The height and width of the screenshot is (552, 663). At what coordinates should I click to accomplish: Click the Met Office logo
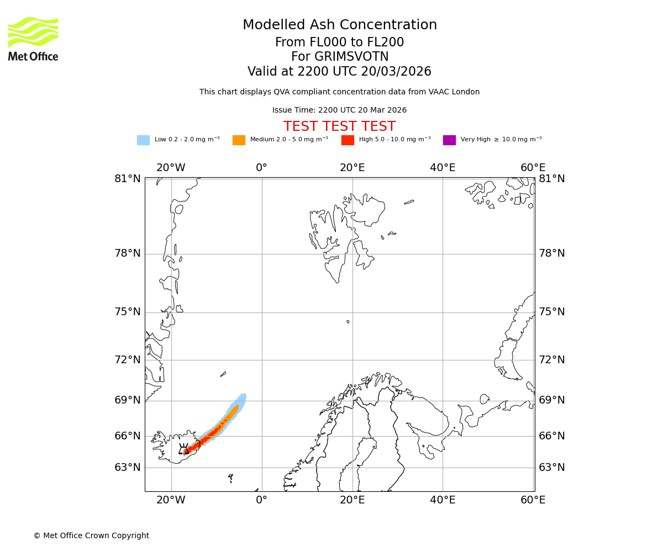coord(33,39)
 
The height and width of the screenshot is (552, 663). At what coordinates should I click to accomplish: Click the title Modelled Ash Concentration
coord(339,25)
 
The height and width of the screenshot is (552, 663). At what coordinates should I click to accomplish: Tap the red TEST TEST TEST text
coord(339,126)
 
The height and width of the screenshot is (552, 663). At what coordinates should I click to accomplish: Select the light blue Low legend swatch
coord(143,140)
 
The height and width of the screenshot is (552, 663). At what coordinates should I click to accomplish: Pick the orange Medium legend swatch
coord(239,140)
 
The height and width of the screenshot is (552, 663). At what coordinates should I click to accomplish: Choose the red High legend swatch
coord(348,140)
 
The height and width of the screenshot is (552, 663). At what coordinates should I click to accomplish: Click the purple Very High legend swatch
coord(449,140)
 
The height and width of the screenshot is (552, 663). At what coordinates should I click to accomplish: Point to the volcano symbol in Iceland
coord(184,449)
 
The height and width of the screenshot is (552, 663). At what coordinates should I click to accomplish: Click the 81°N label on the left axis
coord(128,179)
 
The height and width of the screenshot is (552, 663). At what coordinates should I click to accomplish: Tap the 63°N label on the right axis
coord(552,468)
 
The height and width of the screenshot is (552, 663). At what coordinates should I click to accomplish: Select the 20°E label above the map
coord(352,168)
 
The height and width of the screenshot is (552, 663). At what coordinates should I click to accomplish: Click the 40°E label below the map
coord(443,500)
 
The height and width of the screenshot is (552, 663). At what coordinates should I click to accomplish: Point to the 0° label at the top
coord(262,168)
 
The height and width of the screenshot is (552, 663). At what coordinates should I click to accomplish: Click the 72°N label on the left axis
coord(128,360)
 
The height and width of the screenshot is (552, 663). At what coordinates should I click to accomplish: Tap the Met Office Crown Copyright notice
coord(91,535)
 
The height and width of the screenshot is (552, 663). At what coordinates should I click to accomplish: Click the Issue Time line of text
coord(339,110)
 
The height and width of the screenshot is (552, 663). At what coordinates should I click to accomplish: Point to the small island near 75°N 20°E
coord(348,321)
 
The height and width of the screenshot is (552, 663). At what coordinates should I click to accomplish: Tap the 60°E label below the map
coord(533,500)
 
